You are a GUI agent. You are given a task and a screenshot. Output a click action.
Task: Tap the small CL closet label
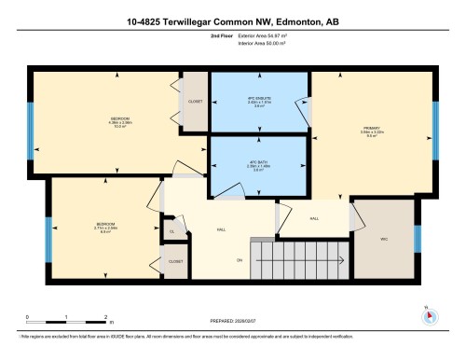pos(171,231)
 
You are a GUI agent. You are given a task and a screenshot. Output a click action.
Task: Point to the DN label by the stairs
pos(239,259)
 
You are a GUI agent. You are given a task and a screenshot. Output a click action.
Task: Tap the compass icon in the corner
pos(428,314)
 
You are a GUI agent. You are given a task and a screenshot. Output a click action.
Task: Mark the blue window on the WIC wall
pos(418,238)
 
